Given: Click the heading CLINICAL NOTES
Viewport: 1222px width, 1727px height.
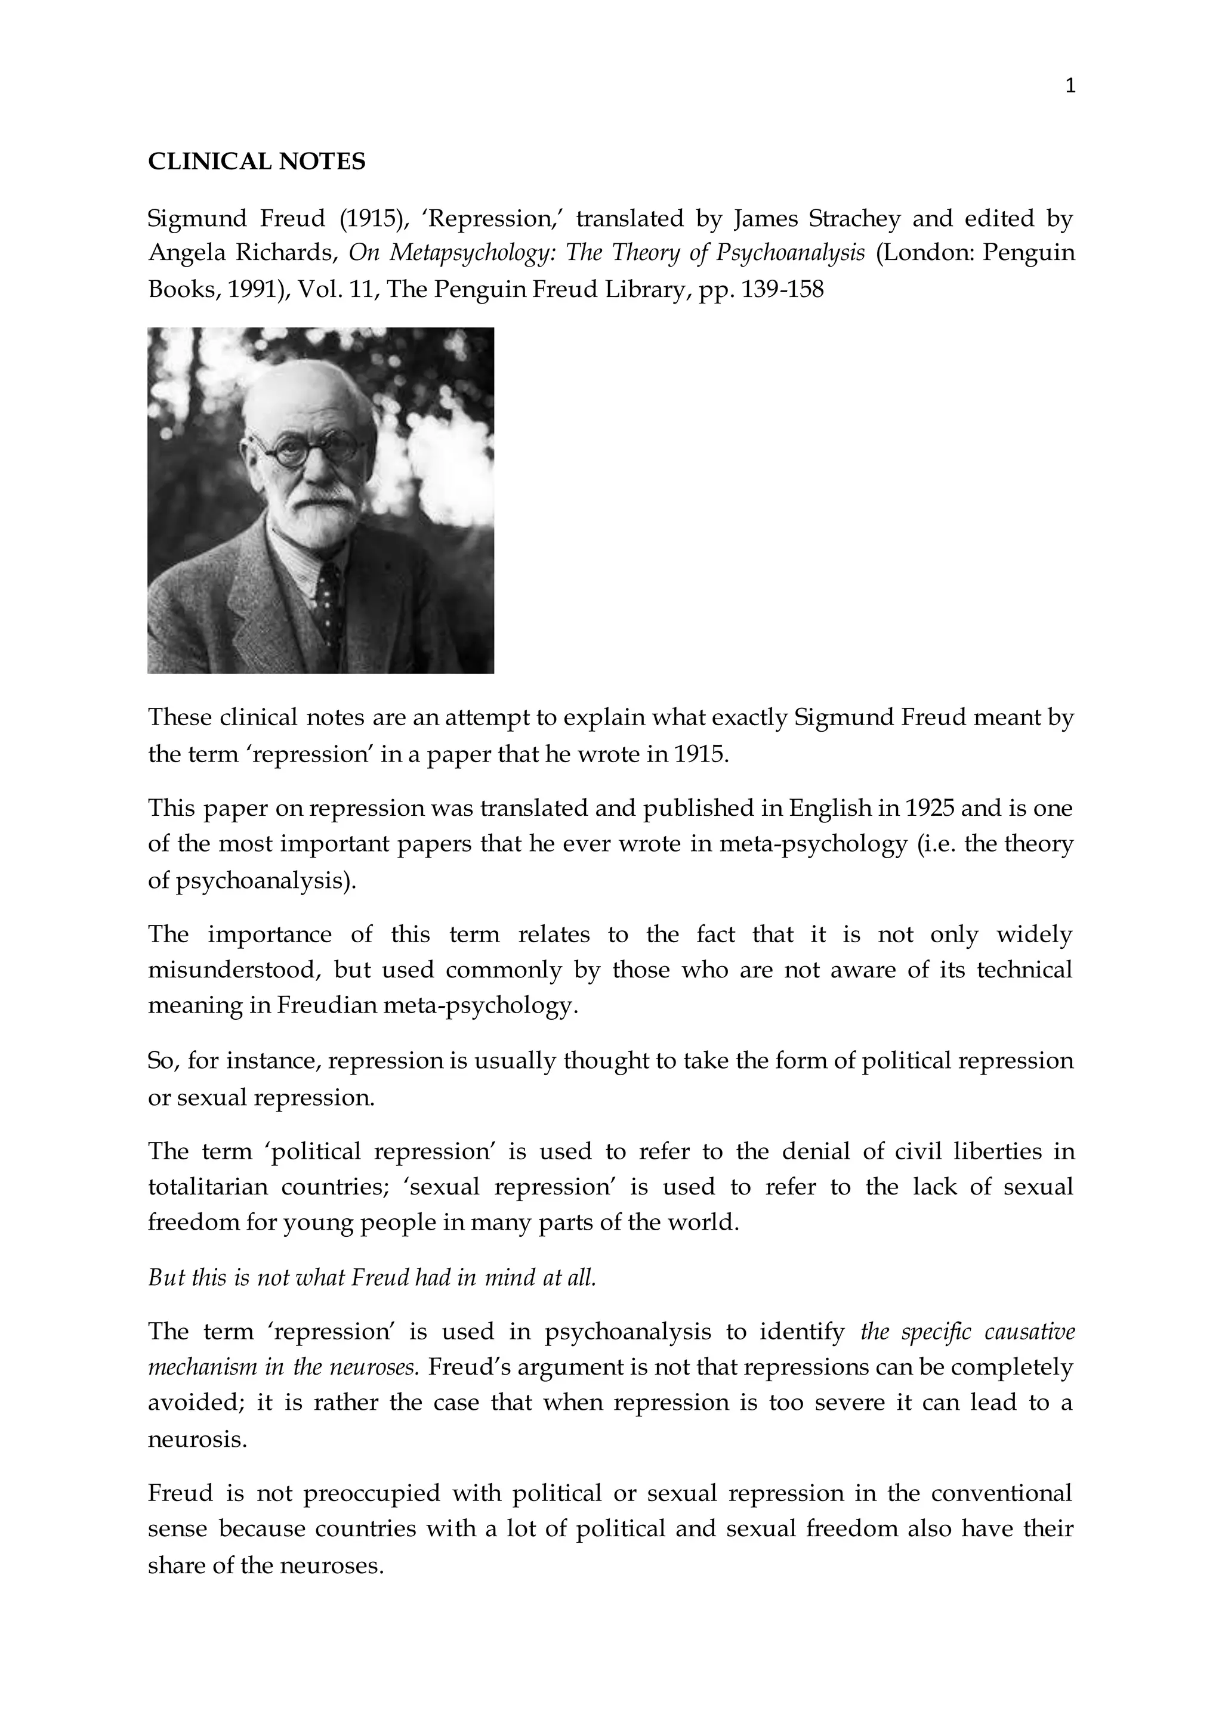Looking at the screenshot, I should point(257,162).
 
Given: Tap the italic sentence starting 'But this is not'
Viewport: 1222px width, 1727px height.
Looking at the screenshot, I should point(372,1278).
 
